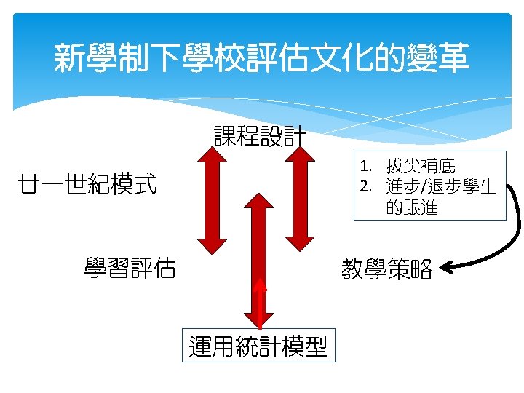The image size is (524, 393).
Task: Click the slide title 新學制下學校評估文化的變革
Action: tap(261, 58)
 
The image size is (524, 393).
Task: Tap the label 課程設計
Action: tap(260, 136)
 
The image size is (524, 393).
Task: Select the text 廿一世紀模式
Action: tap(89, 185)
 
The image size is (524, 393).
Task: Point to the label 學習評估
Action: tap(130, 268)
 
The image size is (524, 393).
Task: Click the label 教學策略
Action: tap(387, 270)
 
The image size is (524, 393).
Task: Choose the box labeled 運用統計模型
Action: tap(258, 346)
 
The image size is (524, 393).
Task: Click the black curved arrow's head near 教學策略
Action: tap(448, 268)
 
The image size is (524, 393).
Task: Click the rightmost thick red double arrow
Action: tap(299, 196)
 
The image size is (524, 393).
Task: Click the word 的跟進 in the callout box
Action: tap(412, 207)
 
